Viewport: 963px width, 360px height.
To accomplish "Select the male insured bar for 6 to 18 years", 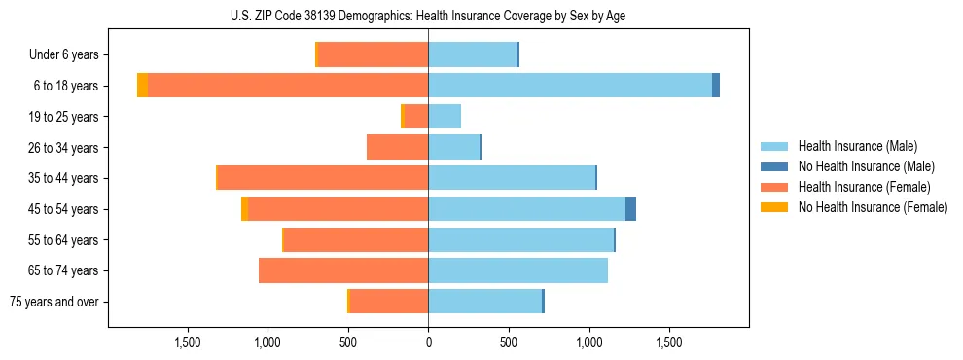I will coord(570,86).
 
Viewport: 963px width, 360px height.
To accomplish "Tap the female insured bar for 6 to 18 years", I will coord(288,86).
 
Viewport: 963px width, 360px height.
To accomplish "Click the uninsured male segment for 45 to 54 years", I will coord(630,208).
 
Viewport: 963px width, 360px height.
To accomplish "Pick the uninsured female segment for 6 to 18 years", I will coord(142,86).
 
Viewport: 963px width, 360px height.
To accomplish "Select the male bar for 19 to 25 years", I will coord(445,117).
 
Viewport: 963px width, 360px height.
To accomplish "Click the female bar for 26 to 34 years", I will coord(398,147).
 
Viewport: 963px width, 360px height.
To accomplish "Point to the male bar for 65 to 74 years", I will coord(517,270).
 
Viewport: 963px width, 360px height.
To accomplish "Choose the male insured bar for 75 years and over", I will coord(484,301).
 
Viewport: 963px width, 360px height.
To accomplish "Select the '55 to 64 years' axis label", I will coord(63,240).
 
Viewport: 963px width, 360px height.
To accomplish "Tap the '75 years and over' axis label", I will coord(54,302).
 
